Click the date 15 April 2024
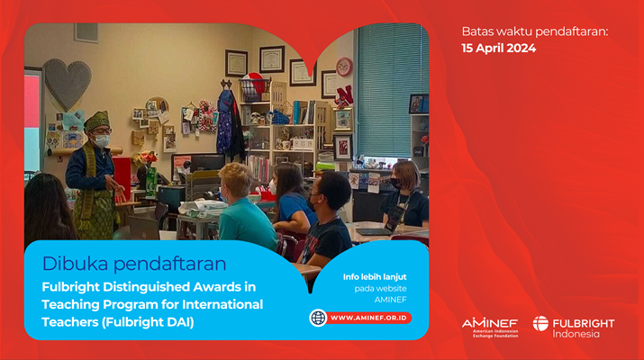tap(499, 48)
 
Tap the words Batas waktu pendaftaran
tap(535, 31)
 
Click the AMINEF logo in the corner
tap(490, 328)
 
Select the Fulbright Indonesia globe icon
tap(540, 323)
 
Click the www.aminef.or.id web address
tap(368, 318)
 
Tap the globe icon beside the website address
tap(318, 318)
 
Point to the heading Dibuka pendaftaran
tap(134, 264)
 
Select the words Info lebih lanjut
tap(375, 277)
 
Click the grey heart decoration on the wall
tap(68, 84)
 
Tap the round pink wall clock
tap(344, 67)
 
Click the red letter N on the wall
tap(346, 94)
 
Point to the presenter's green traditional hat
tap(97, 121)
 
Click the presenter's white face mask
tap(102, 140)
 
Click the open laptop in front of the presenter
tap(144, 229)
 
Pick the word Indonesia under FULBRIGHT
tap(576, 334)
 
